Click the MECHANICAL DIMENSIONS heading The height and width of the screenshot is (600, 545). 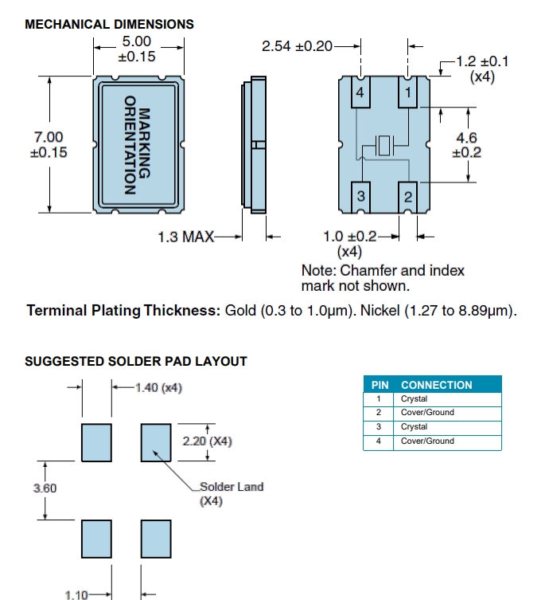point(109,24)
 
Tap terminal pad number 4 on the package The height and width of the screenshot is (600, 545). point(360,93)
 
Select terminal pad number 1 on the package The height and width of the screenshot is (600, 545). point(408,93)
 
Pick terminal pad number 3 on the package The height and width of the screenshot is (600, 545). point(360,196)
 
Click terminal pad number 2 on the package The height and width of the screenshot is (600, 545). point(408,196)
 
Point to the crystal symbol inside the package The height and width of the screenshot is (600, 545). point(385,146)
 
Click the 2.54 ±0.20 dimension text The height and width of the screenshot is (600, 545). point(297,46)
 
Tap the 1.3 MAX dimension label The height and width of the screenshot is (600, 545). point(185,236)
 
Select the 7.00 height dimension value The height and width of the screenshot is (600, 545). point(47,138)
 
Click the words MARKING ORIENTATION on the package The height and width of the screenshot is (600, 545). point(138,145)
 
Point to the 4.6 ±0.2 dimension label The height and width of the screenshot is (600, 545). point(466,145)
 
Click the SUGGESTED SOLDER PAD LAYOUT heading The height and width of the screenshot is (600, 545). point(136,361)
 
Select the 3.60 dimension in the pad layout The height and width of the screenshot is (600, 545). point(45,488)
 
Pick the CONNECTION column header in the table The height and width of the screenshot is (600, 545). point(436,385)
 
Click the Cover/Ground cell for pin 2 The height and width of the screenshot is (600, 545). point(427,413)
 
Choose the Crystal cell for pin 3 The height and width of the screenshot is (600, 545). point(414,427)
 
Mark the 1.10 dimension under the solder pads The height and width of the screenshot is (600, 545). point(76,594)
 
